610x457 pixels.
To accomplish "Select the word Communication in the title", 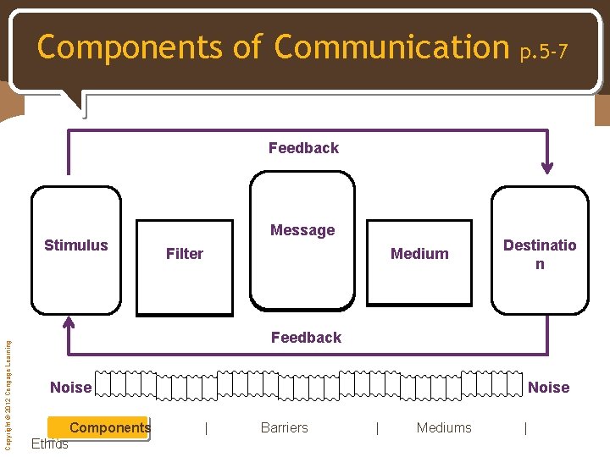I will coord(391,47).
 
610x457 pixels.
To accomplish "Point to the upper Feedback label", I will coord(303,148).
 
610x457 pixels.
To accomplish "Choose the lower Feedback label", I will coord(306,338).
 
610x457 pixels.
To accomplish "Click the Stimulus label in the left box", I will coord(76,245).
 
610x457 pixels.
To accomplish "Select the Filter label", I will coord(185,254).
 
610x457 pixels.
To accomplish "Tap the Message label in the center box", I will coord(302,230).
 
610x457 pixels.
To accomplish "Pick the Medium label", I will coord(419,254).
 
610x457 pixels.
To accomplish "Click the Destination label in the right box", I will coord(540,254).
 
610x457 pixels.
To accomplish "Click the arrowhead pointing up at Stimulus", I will coord(69,323).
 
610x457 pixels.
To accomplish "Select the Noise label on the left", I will coord(70,388).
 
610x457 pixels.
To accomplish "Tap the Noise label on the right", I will coord(549,388).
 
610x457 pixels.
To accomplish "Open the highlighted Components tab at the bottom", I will coord(109,427).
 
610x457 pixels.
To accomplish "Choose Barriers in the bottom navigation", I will coord(285,427).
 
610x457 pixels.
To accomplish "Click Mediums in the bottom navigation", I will coord(444,427).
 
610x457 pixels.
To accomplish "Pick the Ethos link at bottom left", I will coord(49,443).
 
